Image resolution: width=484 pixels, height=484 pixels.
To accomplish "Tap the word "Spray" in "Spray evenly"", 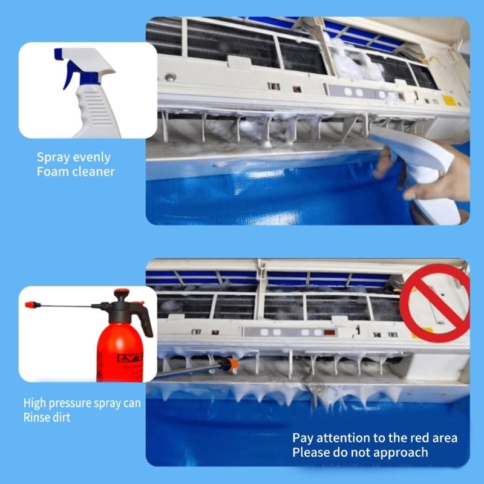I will (x=53, y=157).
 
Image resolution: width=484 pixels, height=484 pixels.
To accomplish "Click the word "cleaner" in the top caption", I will (x=94, y=172).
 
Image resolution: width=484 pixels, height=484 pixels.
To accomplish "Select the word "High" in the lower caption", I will (x=35, y=403).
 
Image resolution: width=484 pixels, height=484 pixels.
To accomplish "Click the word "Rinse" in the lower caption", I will (x=38, y=417).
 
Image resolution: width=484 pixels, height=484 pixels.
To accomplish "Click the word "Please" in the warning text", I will (x=309, y=453).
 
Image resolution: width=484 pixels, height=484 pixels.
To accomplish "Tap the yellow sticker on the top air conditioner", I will (x=448, y=100).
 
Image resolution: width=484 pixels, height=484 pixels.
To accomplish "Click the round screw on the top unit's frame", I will (x=171, y=77).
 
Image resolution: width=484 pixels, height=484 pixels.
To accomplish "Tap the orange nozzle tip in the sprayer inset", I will (x=28, y=304).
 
